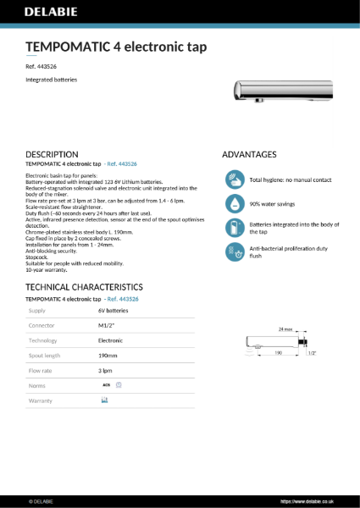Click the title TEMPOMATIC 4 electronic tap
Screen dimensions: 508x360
pos(116,47)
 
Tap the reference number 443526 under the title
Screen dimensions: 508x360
pos(47,65)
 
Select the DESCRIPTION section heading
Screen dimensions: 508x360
pos(53,154)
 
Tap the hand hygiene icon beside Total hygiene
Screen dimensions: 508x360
pos(235,180)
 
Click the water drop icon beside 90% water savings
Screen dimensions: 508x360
pos(235,204)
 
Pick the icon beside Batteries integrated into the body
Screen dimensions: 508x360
pos(235,228)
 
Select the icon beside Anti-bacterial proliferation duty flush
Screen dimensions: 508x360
pos(235,251)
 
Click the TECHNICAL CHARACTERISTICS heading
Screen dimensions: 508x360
pos(85,287)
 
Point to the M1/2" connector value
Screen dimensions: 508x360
pos(107,326)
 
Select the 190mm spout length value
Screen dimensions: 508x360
pos(109,355)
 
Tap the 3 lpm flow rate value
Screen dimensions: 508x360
pos(106,370)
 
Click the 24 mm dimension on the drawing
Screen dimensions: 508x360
pos(285,329)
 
